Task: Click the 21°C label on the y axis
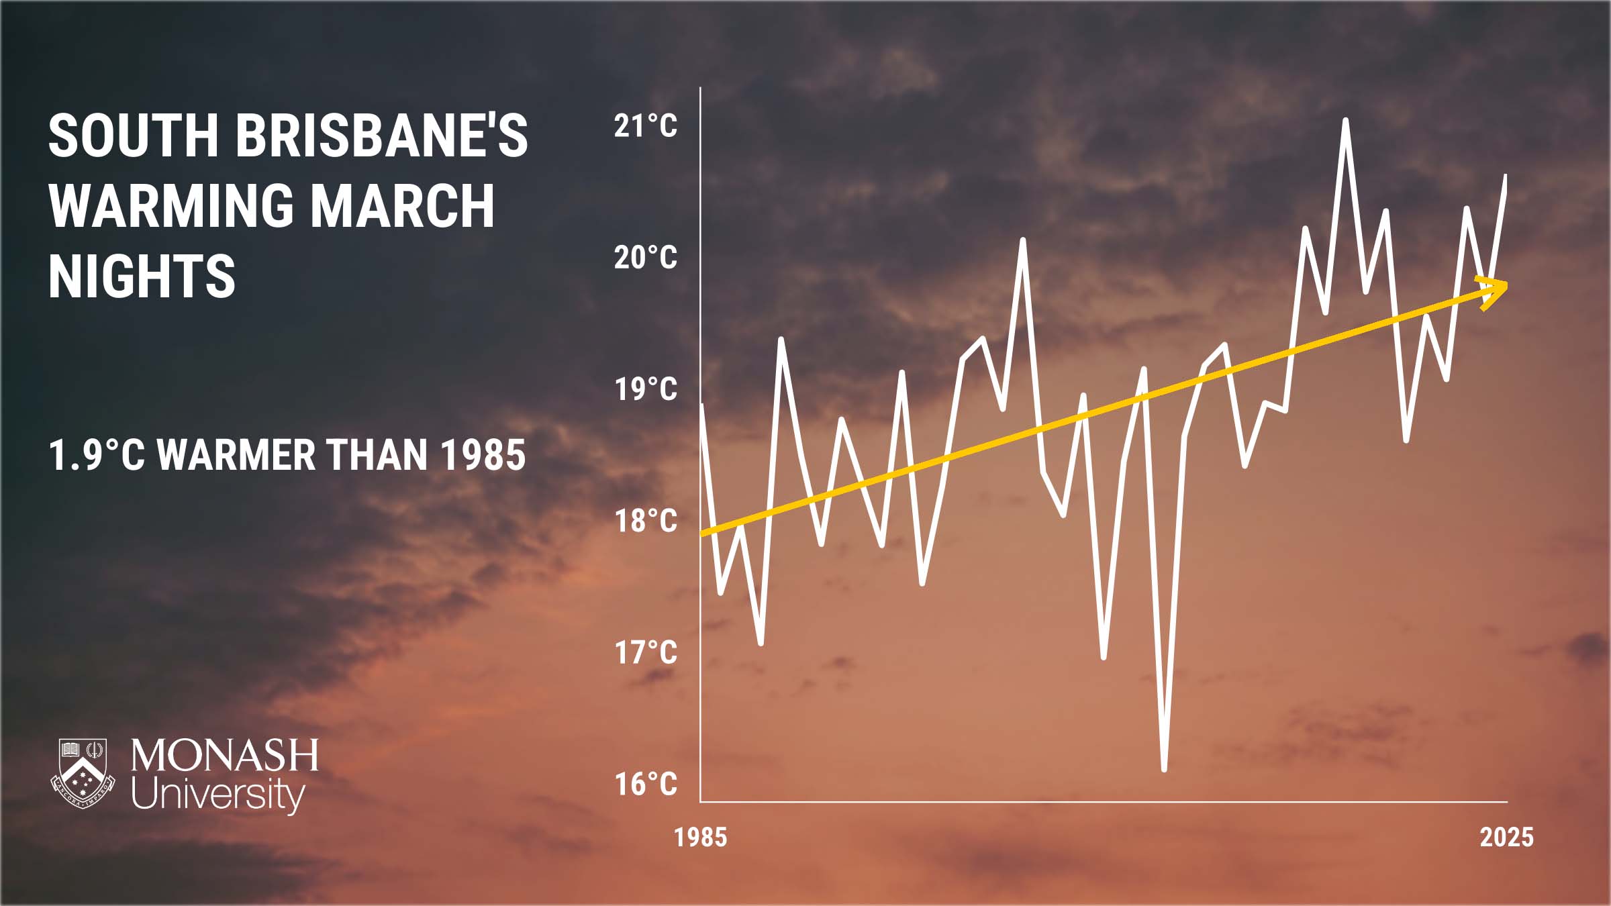(646, 126)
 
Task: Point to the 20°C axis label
(646, 258)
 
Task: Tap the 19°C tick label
(646, 389)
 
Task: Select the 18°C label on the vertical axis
(646, 521)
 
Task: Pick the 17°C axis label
(646, 652)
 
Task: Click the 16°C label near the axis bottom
(646, 784)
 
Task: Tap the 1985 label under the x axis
(701, 838)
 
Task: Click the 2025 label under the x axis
(1507, 838)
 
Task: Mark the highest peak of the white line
(1345, 120)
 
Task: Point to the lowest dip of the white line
(1164, 769)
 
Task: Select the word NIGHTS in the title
(142, 275)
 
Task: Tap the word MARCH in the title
(403, 205)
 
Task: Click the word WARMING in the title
(171, 205)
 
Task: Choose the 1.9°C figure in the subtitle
(97, 455)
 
